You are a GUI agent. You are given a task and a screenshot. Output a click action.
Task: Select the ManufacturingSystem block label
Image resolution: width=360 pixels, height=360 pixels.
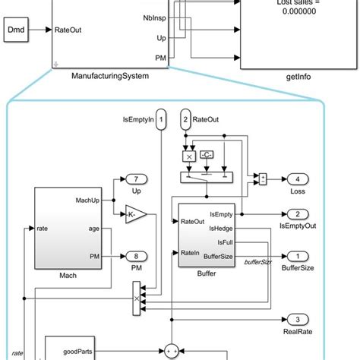click(109, 76)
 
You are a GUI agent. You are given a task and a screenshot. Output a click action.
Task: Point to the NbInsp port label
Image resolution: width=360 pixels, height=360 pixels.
click(156, 16)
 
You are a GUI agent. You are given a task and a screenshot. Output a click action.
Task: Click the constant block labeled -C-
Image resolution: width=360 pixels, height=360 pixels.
click(206, 155)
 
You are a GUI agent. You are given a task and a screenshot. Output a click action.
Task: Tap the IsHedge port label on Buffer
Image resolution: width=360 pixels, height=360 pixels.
click(223, 227)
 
